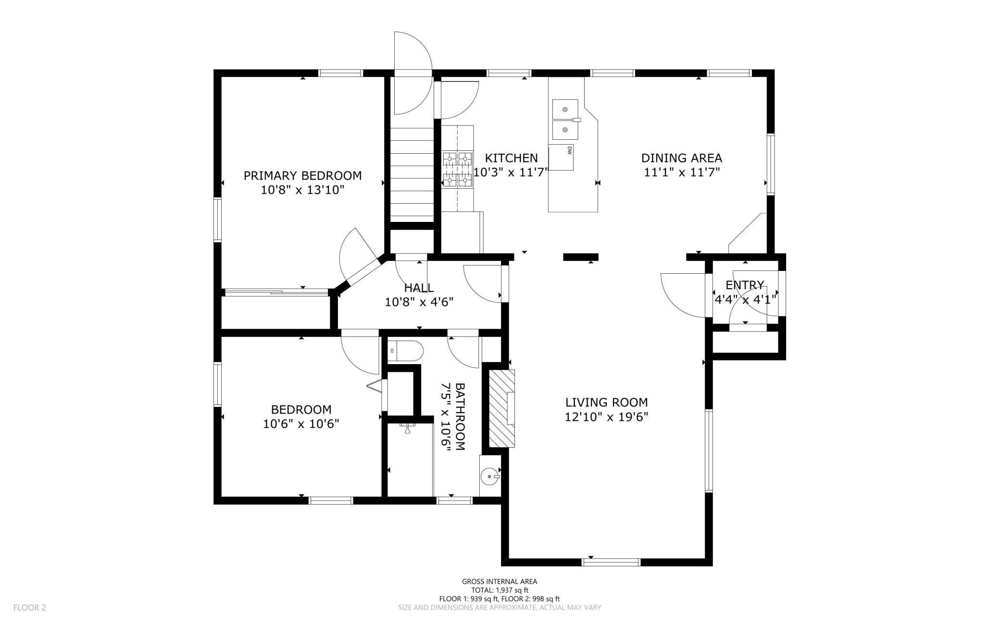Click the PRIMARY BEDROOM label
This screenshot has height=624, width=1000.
tap(302, 176)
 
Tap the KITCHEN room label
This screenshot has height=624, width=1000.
tap(511, 158)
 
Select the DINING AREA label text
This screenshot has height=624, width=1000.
tap(682, 158)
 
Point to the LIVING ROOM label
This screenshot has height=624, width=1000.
tap(606, 403)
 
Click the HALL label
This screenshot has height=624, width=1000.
tap(419, 288)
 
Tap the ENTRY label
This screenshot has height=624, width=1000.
tap(745, 285)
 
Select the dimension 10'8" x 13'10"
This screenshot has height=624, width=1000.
tap(303, 190)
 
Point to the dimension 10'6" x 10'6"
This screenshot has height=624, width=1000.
tap(301, 424)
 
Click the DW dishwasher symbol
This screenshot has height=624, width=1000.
tap(561, 157)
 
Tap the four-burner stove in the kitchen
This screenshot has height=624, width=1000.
tap(458, 169)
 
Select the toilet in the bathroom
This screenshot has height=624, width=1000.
tap(405, 351)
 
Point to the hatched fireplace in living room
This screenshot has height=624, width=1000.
tap(502, 408)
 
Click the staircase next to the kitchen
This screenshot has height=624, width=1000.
tap(412, 171)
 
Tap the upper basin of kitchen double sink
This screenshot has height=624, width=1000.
tap(565, 109)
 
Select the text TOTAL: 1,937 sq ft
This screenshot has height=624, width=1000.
tap(500, 590)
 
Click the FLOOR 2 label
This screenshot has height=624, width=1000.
tap(30, 608)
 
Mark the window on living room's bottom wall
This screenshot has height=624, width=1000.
tap(611, 562)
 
